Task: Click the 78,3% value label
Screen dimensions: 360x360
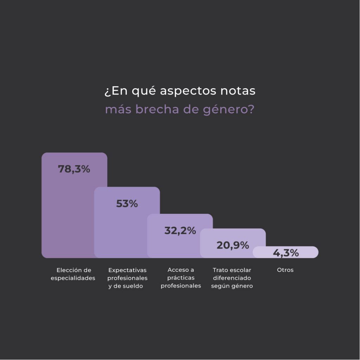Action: pyautogui.click(x=74, y=169)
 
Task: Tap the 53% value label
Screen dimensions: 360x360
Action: pyautogui.click(x=127, y=204)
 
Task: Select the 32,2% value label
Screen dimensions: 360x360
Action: pyautogui.click(x=180, y=231)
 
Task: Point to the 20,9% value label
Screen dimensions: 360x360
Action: pyautogui.click(x=233, y=245)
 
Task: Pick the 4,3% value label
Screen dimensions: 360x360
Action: pyautogui.click(x=286, y=253)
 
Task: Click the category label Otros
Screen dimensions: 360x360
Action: pyautogui.click(x=285, y=270)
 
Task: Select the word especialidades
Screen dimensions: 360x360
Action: pyautogui.click(x=73, y=278)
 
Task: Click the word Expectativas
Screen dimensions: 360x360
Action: pyautogui.click(x=127, y=270)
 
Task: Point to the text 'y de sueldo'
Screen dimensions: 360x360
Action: pyautogui.click(x=126, y=286)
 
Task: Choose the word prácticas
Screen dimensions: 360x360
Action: pyautogui.click(x=181, y=278)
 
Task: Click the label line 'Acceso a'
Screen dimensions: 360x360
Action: pyautogui.click(x=181, y=270)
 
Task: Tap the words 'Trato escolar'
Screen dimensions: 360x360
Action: pyautogui.click(x=232, y=270)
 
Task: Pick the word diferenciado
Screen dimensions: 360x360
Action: pyautogui.click(x=232, y=278)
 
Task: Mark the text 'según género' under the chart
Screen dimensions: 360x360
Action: pyautogui.click(x=232, y=286)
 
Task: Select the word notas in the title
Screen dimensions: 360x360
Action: pyautogui.click(x=238, y=91)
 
